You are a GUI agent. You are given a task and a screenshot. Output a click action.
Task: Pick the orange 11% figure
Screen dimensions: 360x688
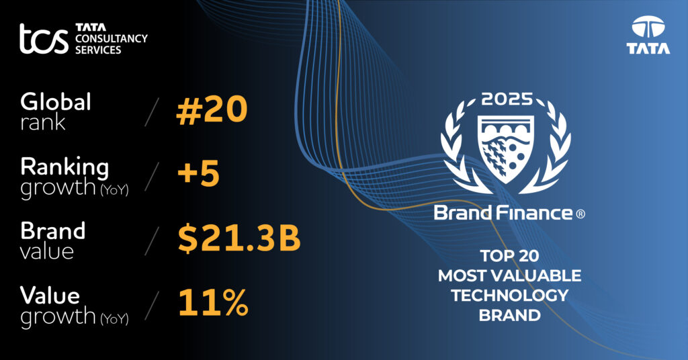pos(213,303)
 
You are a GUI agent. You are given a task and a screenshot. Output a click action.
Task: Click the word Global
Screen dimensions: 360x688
pos(56,102)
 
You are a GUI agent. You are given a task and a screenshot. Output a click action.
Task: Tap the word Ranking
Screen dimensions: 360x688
pos(64,166)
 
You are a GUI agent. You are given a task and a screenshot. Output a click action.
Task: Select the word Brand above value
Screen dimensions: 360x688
pos(53,230)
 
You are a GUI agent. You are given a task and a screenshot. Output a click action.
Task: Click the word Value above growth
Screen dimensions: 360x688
pos(50,295)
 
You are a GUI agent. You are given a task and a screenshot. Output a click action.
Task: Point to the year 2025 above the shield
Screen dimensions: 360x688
pos(507,100)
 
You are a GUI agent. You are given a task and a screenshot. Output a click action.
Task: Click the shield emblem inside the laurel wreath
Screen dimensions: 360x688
pos(507,147)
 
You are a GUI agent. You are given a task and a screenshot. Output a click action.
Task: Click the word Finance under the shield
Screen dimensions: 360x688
pos(535,214)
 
